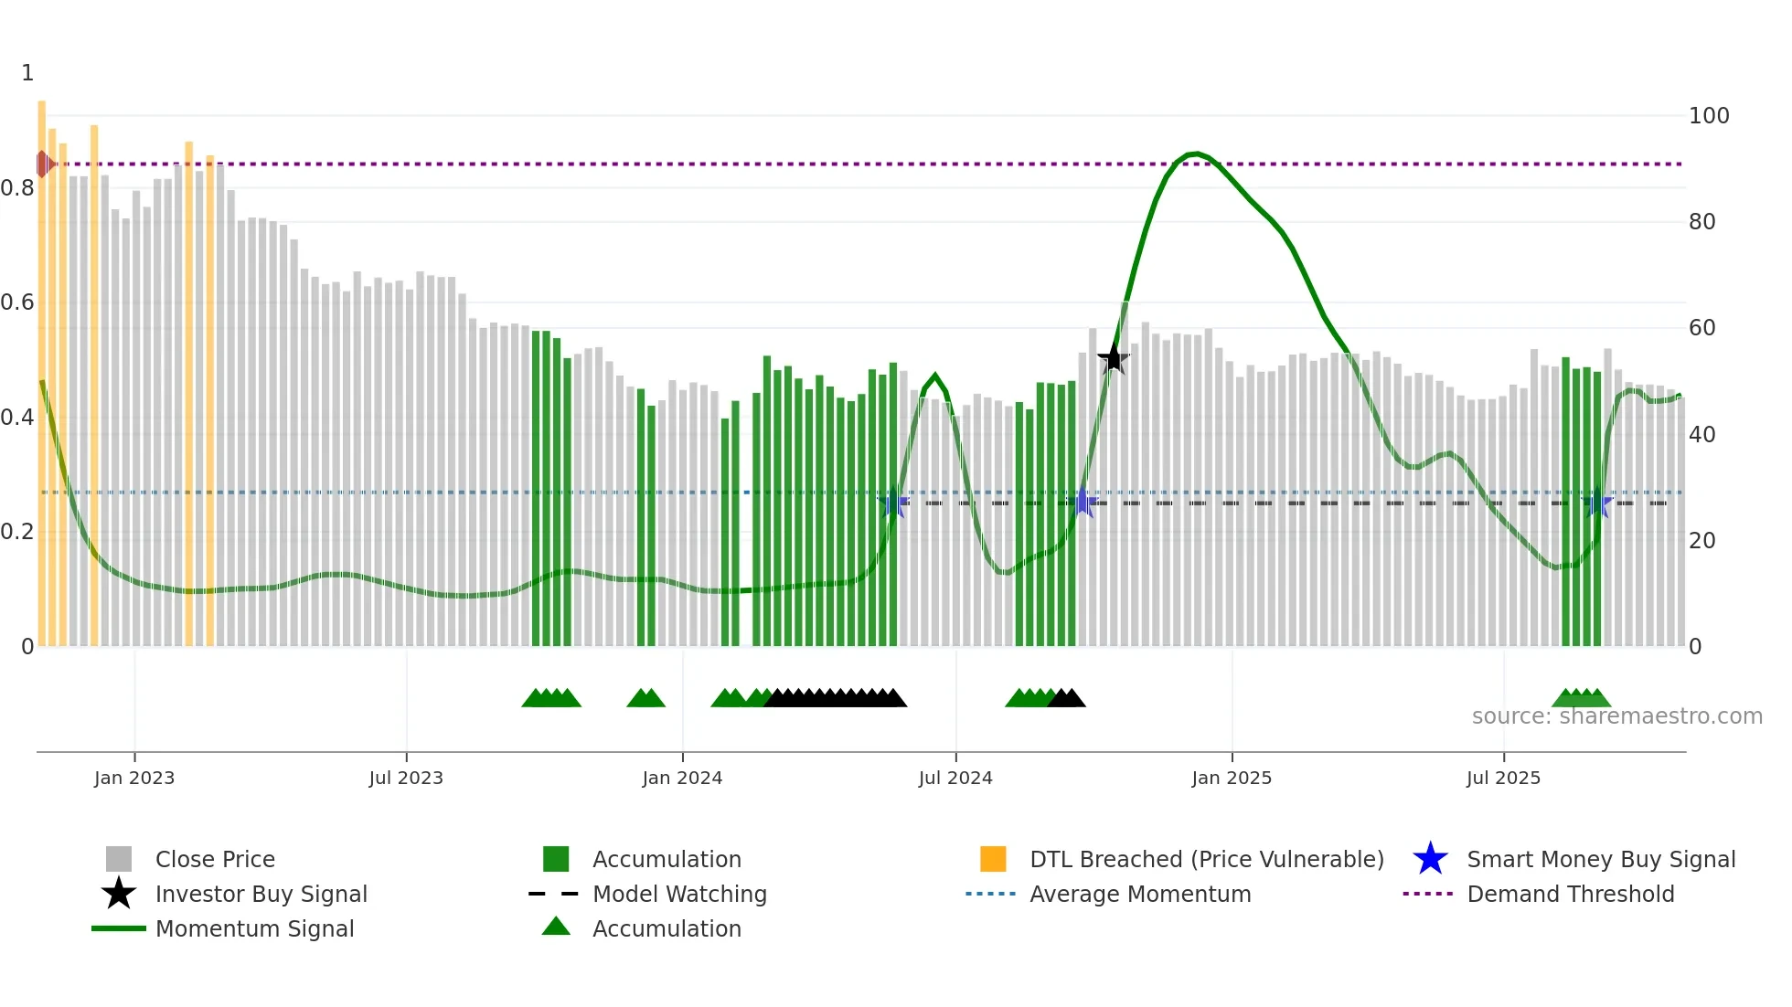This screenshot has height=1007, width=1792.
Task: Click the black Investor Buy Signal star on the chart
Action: tap(1113, 358)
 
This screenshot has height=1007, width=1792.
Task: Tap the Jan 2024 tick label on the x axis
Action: tap(682, 778)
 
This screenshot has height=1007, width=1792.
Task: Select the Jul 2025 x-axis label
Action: tap(1503, 778)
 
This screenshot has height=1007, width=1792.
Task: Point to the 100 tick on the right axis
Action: tap(1708, 116)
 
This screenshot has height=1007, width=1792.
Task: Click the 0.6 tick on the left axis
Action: tap(18, 302)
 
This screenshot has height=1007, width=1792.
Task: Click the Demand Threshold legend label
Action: tap(1570, 894)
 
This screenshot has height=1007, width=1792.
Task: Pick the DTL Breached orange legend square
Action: tap(993, 859)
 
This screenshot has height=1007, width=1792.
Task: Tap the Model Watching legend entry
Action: tap(679, 894)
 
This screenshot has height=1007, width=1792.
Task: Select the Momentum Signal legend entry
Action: tap(254, 928)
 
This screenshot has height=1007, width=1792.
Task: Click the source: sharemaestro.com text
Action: tap(1616, 716)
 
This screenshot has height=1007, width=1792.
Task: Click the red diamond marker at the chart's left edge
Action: tap(43, 164)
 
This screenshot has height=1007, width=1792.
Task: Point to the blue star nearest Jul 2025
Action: tap(1596, 503)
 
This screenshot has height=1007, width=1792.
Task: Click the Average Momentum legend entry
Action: tap(1139, 894)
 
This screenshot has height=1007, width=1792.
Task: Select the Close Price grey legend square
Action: tap(119, 859)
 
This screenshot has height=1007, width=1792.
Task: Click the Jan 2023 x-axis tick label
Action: tap(134, 778)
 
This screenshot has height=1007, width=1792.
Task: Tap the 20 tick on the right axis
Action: tap(1701, 541)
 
